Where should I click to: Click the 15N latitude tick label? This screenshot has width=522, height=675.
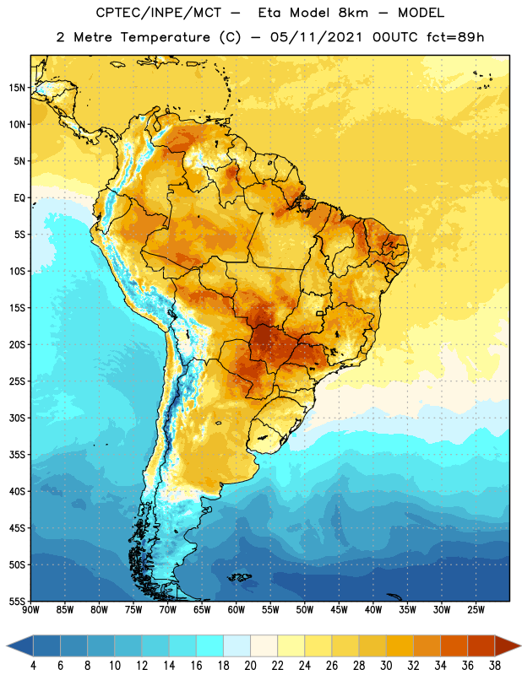(x=17, y=88)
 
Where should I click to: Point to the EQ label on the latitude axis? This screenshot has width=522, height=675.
(x=19, y=198)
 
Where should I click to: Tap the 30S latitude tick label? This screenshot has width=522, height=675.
(x=17, y=418)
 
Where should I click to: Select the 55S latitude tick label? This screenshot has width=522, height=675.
(x=17, y=601)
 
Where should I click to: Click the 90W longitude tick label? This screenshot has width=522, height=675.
(x=30, y=610)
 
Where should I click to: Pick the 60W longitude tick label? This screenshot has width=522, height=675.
(x=237, y=610)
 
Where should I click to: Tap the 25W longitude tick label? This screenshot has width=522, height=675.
(x=476, y=610)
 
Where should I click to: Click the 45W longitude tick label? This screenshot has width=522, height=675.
(x=339, y=610)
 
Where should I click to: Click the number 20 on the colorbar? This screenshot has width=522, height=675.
(x=250, y=666)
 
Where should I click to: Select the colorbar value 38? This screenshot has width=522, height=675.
(x=495, y=666)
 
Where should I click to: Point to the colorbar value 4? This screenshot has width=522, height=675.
(x=33, y=666)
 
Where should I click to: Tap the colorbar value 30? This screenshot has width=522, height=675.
(x=386, y=666)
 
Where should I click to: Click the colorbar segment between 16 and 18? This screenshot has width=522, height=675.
(x=210, y=645)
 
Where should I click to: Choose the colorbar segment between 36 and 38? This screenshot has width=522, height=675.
(x=481, y=645)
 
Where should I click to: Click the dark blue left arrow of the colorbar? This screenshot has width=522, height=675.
(x=19, y=645)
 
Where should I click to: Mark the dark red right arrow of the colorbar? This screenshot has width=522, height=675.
(x=508, y=645)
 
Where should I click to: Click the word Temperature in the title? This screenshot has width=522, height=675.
(x=165, y=37)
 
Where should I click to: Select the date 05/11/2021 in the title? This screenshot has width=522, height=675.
(x=317, y=37)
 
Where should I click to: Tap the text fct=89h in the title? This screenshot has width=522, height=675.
(x=455, y=37)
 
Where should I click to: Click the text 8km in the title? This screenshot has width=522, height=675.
(x=353, y=13)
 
